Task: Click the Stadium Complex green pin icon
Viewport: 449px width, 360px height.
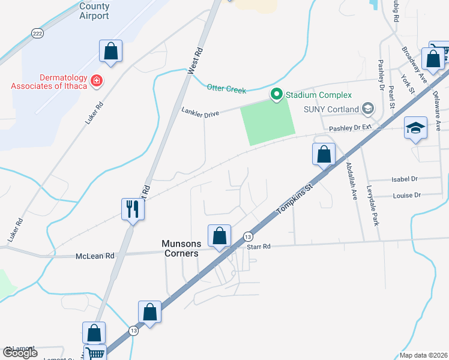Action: [276, 94]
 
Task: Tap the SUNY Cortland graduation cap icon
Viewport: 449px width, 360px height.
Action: [367, 109]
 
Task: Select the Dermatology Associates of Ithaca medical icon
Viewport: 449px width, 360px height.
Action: [96, 80]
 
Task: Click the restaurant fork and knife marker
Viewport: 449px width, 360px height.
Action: [133, 209]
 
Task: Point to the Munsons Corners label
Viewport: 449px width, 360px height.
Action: [180, 248]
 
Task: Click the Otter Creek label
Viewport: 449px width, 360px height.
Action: [226, 89]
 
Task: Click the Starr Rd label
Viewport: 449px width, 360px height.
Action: [259, 246]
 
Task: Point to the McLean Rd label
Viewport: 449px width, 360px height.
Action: [95, 256]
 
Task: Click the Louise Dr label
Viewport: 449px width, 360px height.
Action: [407, 195]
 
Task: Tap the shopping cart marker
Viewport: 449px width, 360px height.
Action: [95, 353]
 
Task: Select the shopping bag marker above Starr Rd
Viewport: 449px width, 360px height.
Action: [219, 235]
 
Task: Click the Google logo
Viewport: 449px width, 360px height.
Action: [20, 353]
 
